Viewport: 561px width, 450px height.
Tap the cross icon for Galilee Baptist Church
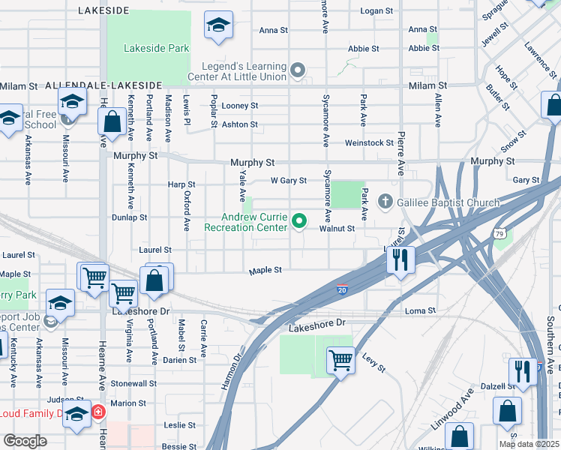[x=385, y=201]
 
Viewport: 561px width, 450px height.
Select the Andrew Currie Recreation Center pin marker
[x=300, y=220]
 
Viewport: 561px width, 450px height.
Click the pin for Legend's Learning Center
[x=298, y=72]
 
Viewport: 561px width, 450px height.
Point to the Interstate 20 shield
[x=342, y=289]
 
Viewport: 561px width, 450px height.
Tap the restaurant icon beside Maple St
[x=401, y=259]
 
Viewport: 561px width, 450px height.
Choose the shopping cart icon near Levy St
[x=340, y=360]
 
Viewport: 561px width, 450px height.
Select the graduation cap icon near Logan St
[x=218, y=27]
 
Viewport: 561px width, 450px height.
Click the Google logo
[x=25, y=441]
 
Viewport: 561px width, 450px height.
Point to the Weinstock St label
[x=369, y=142]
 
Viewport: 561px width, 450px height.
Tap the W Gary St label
[x=289, y=181]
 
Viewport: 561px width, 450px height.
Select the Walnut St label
[x=336, y=228]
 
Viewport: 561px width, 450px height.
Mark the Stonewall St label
[x=133, y=382]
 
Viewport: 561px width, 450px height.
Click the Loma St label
[x=420, y=310]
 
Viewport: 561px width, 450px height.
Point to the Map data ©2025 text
[x=529, y=444]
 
